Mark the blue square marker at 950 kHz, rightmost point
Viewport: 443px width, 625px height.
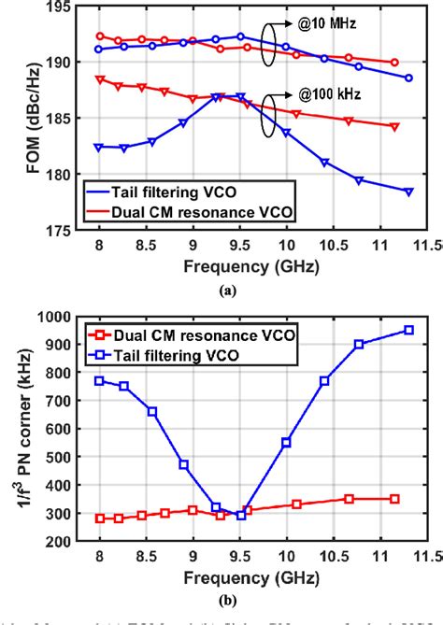[408, 330]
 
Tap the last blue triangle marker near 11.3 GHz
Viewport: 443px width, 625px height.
[408, 191]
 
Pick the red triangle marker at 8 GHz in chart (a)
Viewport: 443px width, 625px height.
[99, 79]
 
